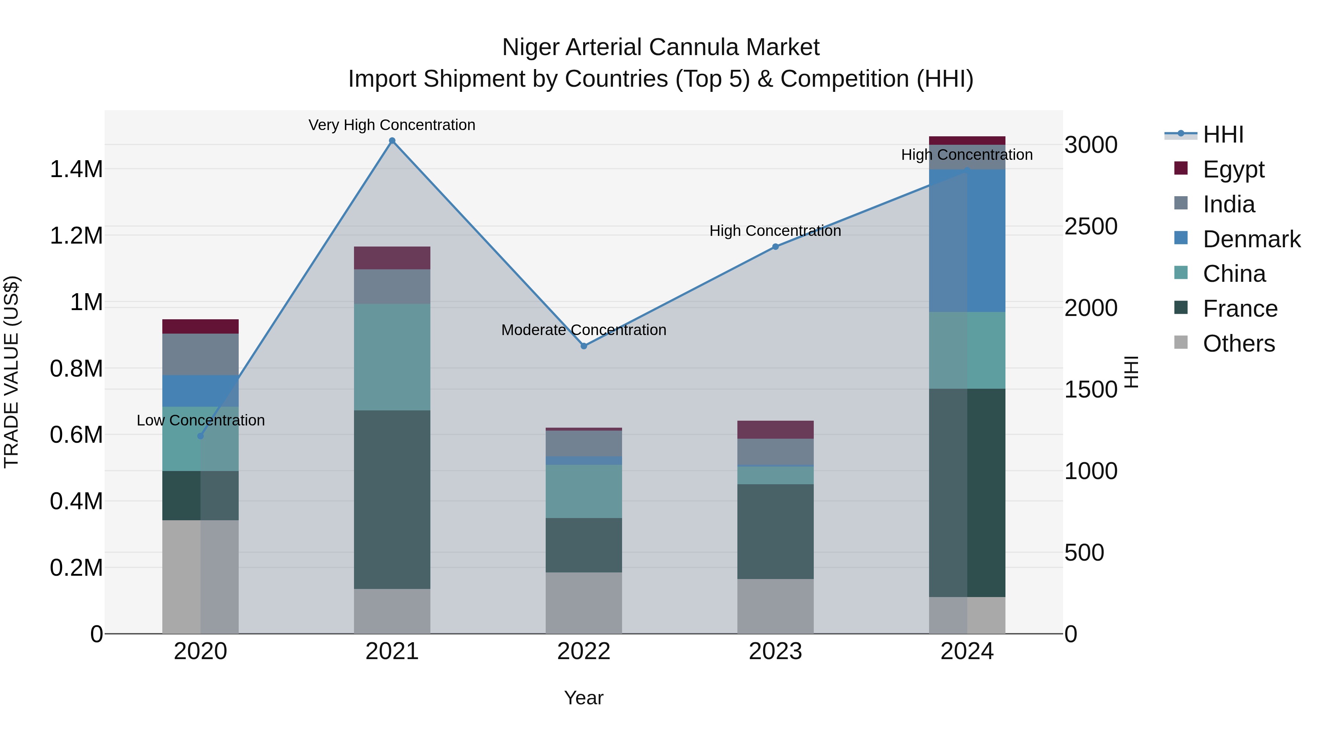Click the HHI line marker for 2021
point(392,141)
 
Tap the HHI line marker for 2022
point(584,346)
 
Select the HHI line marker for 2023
point(776,247)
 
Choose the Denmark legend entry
point(1251,239)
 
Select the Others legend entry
point(1238,344)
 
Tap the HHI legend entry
point(1223,134)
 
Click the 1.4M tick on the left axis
point(76,169)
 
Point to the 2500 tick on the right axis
point(1091,226)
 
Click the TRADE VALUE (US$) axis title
point(11,372)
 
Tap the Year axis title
point(584,698)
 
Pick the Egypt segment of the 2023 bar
point(776,430)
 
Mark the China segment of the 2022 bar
point(584,491)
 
